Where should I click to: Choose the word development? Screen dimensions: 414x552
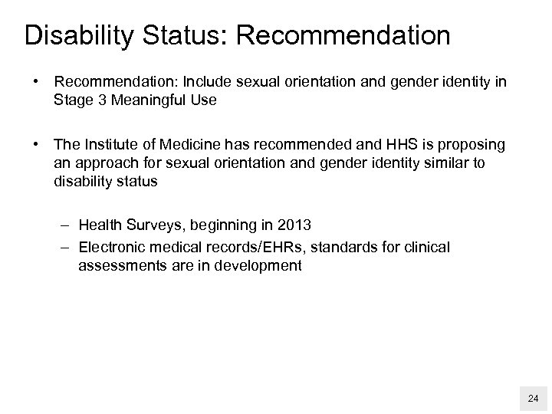tap(261, 265)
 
